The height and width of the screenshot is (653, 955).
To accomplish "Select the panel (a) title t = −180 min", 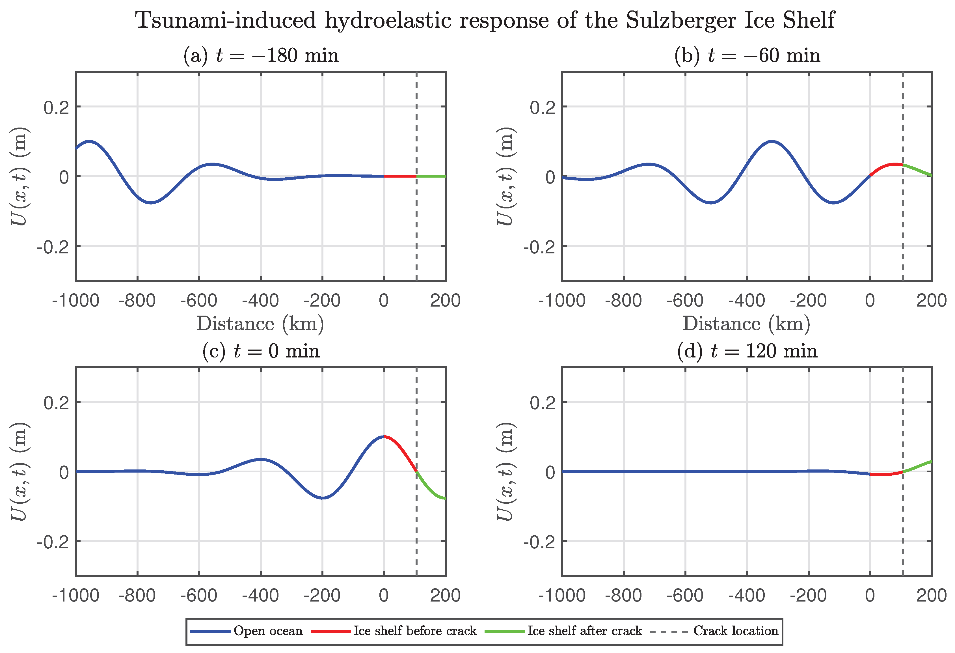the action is click(x=261, y=55).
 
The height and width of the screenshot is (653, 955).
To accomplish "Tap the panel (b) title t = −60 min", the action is click(x=747, y=55).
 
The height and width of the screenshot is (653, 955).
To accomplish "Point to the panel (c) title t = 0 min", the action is click(x=261, y=351).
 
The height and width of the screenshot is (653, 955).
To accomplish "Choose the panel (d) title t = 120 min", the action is click(x=747, y=351).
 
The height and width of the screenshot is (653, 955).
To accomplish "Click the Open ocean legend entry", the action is click(x=247, y=631).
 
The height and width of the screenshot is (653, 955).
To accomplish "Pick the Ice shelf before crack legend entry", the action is click(x=394, y=631).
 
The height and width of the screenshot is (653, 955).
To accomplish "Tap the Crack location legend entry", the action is click(x=714, y=631).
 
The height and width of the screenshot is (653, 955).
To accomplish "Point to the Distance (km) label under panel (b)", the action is click(x=747, y=324).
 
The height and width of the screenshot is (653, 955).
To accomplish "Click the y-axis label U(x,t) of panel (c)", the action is click(x=19, y=471).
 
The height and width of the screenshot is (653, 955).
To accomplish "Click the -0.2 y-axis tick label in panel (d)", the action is click(x=539, y=542).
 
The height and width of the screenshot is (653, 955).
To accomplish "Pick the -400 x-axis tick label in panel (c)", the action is click(x=261, y=596).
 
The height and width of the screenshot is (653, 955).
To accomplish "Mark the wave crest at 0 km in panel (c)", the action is click(x=384, y=436).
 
